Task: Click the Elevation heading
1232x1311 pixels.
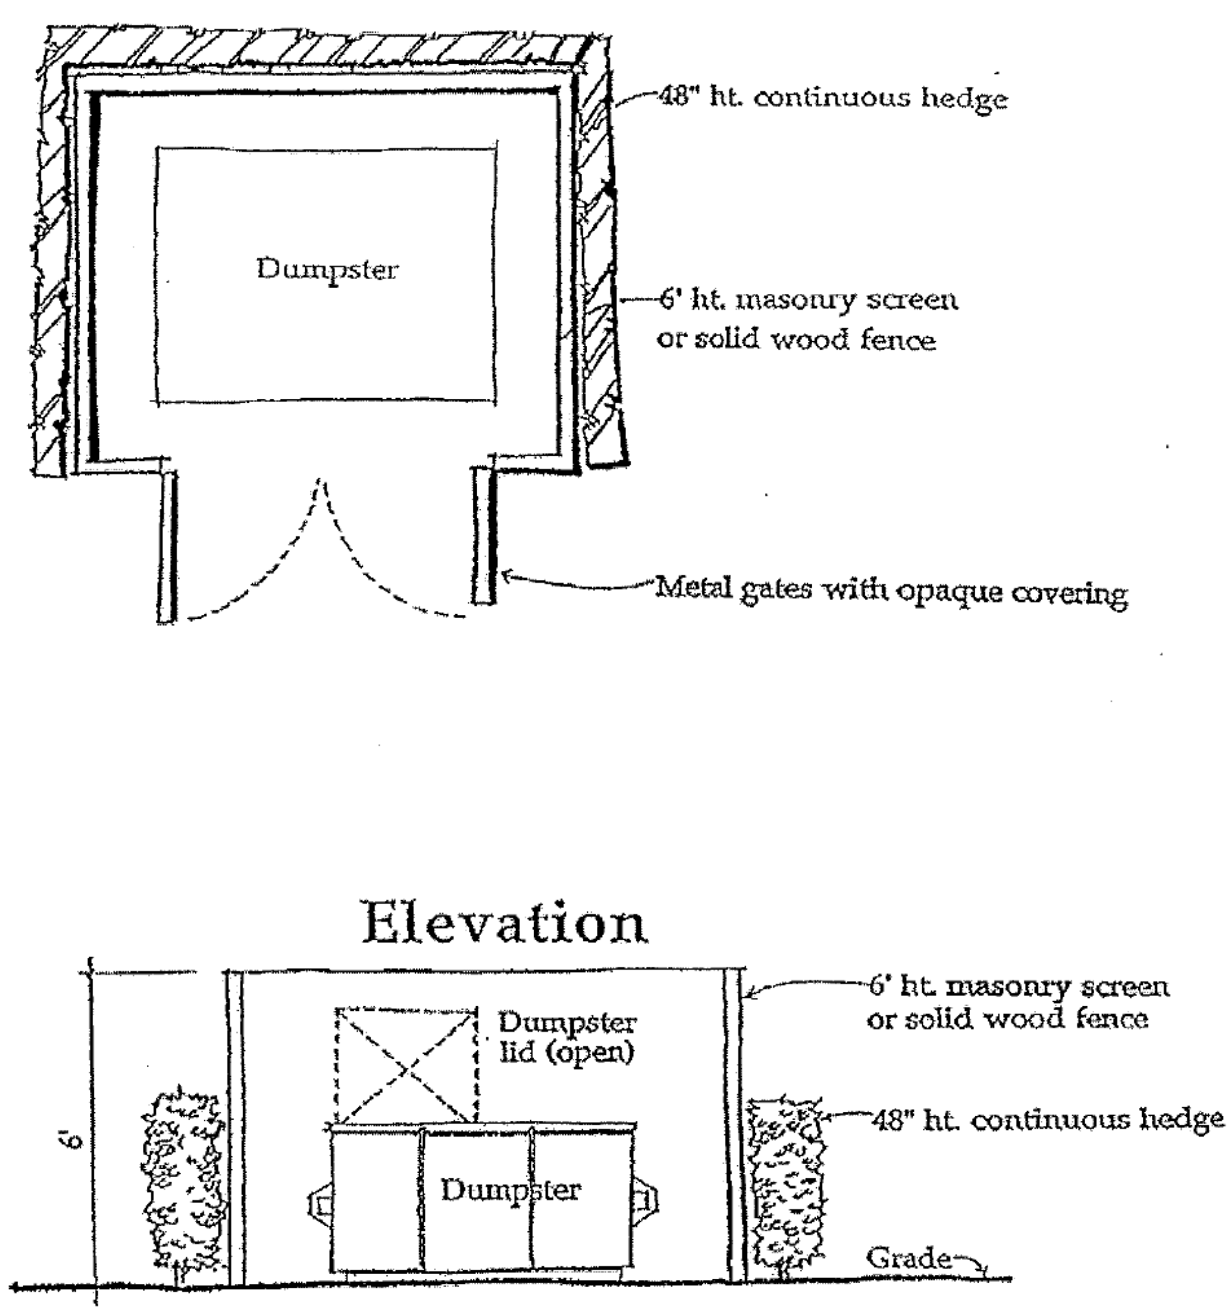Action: pyautogui.click(x=505, y=923)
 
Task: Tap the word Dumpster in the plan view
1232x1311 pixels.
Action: pyautogui.click(x=327, y=270)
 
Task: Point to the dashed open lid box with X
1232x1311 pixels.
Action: pyautogui.click(x=407, y=1065)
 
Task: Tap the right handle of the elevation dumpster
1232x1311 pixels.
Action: pyautogui.click(x=646, y=1200)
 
